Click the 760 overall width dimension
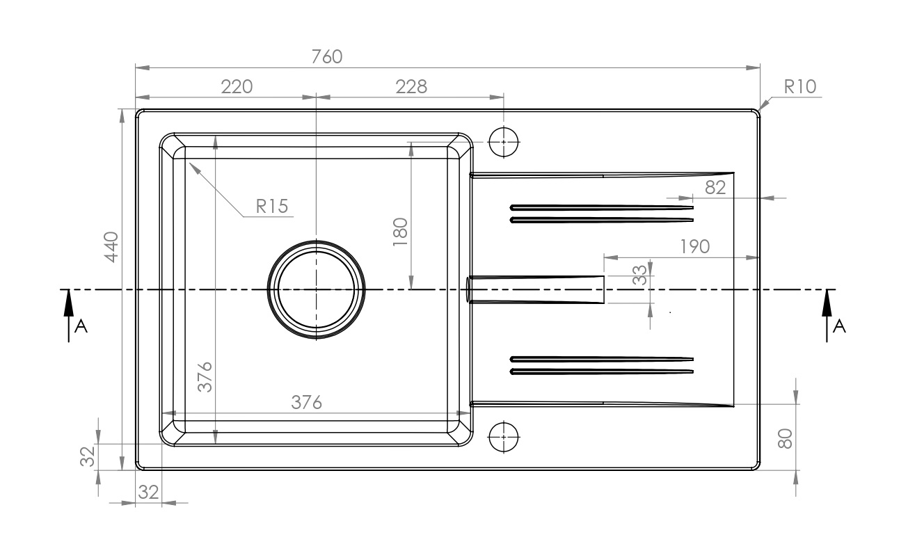click(327, 57)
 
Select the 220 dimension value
click(237, 87)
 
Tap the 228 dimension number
click(411, 87)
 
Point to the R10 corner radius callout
click(799, 87)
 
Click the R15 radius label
click(272, 206)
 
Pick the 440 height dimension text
click(111, 247)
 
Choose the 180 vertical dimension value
click(400, 232)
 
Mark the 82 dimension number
click(715, 188)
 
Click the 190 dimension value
click(695, 246)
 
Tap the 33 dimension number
click(639, 275)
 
